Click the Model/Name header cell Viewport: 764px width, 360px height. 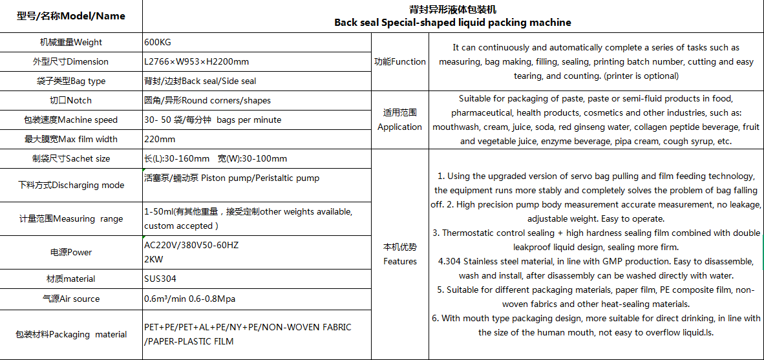click(71, 16)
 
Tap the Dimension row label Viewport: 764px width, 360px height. click(71, 62)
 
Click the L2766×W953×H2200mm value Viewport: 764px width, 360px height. click(196, 62)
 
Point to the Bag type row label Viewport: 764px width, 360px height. click(71, 81)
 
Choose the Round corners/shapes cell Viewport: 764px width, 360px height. click(207, 101)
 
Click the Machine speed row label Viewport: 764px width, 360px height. click(71, 120)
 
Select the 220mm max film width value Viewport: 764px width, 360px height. click(160, 139)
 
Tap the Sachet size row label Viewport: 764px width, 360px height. click(71, 158)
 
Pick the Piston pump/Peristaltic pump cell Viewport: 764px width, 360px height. click(231, 178)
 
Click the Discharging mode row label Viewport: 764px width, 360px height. click(71, 185)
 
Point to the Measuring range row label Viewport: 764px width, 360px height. click(71, 218)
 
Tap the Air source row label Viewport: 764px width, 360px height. click(71, 299)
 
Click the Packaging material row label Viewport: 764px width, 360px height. click(71, 334)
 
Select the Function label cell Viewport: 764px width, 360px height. click(400, 62)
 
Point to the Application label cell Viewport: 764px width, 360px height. click(400, 120)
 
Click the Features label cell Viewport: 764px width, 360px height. click(400, 254)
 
